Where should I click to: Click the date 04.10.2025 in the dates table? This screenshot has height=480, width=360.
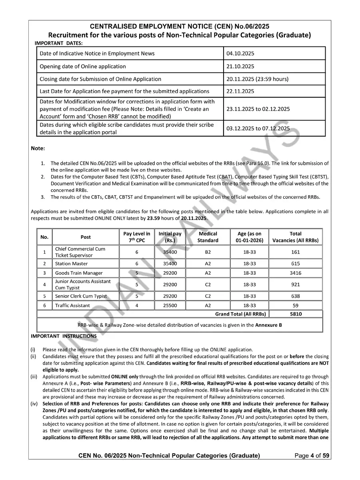(x=240, y=54)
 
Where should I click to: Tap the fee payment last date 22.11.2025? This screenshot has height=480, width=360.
(x=240, y=91)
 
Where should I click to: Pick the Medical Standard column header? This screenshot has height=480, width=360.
(x=208, y=237)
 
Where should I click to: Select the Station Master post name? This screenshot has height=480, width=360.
(x=71, y=264)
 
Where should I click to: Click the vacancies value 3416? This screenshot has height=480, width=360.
(x=296, y=273)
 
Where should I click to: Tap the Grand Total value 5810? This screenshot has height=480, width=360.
(x=296, y=314)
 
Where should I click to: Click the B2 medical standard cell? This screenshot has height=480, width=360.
(x=208, y=252)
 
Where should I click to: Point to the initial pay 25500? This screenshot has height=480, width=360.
(x=170, y=306)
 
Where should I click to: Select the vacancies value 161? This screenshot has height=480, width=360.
(x=296, y=252)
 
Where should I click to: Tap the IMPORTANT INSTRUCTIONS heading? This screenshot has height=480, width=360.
(x=64, y=336)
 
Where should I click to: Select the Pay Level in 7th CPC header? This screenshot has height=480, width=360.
(x=136, y=237)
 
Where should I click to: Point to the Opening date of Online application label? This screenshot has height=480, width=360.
(x=82, y=66)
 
